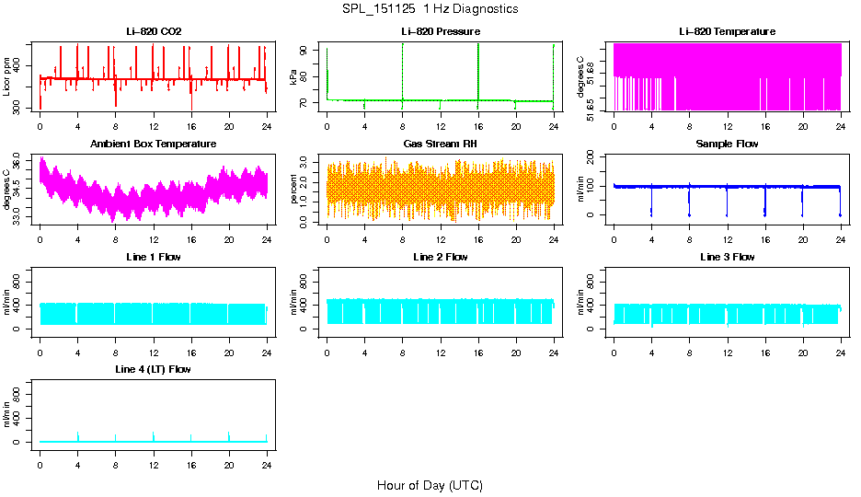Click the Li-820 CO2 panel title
click(x=154, y=31)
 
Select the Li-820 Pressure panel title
click(x=441, y=31)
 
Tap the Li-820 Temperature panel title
click(x=727, y=31)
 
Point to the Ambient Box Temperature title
click(x=154, y=144)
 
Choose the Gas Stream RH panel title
click(x=441, y=144)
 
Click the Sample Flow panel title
click(x=727, y=144)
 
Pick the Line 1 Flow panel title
click(x=154, y=257)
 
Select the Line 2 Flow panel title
click(x=441, y=257)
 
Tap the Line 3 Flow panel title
click(x=727, y=257)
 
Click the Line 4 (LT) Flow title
click(x=154, y=369)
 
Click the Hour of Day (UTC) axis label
click(x=430, y=485)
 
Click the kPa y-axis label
click(x=294, y=77)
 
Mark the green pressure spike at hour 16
click(x=478, y=64)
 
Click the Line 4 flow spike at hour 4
click(x=78, y=435)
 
